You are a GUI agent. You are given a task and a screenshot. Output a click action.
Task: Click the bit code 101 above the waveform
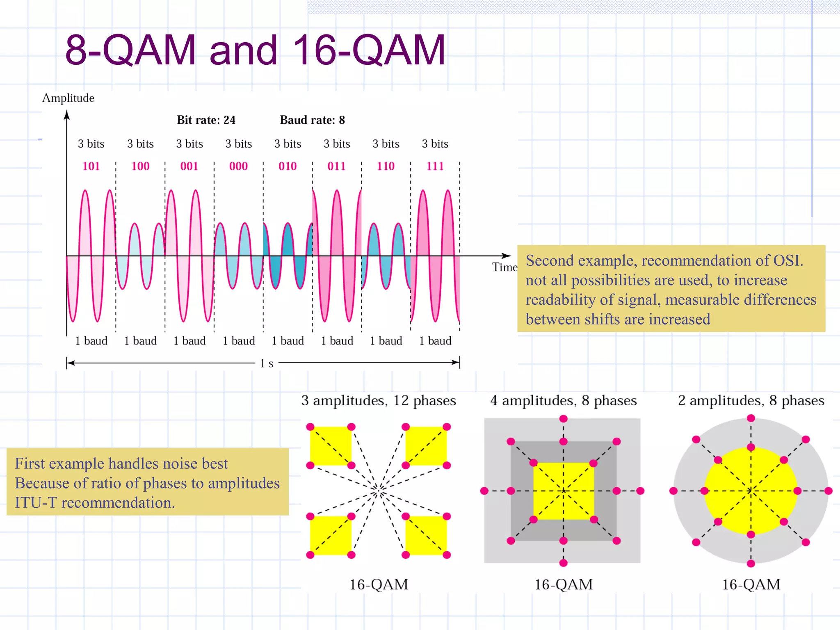(91, 166)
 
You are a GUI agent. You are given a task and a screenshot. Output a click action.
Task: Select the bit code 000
(238, 166)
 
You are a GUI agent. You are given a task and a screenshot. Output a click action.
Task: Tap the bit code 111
(435, 166)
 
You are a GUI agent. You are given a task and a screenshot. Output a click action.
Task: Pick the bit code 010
(288, 166)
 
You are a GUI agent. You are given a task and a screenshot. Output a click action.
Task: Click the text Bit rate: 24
(206, 120)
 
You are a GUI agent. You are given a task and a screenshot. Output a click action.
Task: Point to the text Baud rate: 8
(312, 120)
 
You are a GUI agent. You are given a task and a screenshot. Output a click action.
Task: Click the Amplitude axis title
(68, 98)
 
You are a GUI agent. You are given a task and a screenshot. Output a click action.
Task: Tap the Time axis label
(505, 267)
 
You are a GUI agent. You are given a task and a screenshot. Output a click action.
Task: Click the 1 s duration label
(267, 363)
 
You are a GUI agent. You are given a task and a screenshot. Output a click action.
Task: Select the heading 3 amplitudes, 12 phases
(379, 400)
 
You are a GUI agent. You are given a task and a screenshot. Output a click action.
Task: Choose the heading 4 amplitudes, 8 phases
(564, 400)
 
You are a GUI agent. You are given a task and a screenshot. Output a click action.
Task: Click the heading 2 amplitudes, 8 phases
(751, 400)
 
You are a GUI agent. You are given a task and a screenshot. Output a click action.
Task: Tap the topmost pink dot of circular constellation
(751, 418)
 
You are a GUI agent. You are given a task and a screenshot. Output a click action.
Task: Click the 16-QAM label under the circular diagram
(751, 584)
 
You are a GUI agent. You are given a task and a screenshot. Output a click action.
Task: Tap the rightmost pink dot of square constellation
(640, 491)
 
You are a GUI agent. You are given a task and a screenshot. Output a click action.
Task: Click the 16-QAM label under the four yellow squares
(379, 584)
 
